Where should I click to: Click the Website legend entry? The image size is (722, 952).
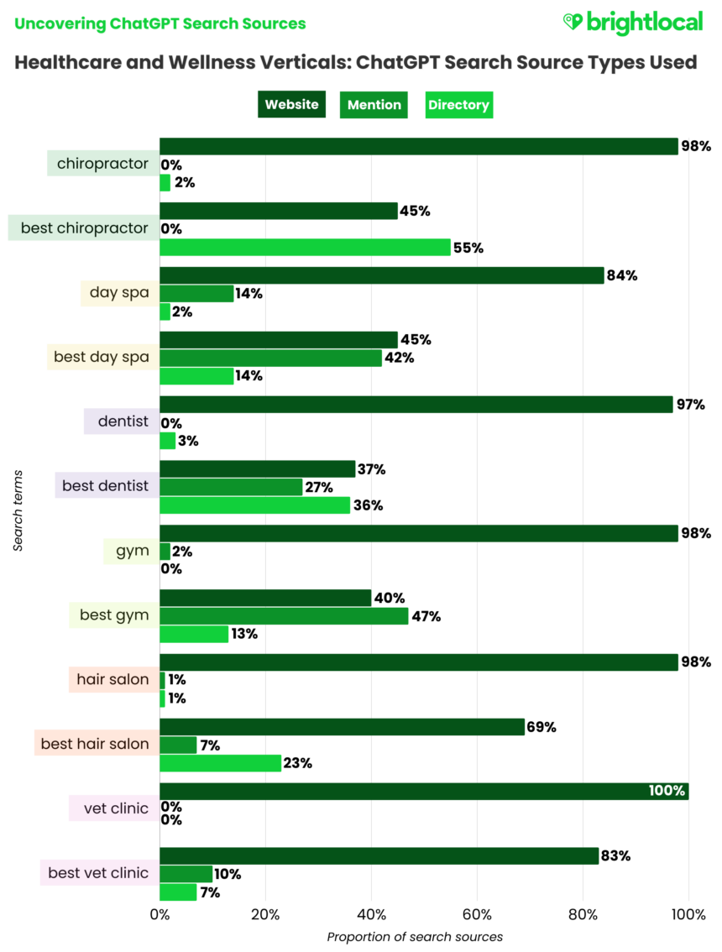[291, 105]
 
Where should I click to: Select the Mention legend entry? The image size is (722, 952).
[374, 105]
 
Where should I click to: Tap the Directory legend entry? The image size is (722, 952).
[458, 105]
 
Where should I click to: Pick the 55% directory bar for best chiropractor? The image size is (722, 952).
[305, 248]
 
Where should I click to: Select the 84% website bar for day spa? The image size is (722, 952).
[381, 275]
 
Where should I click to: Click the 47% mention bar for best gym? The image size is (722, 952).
[284, 616]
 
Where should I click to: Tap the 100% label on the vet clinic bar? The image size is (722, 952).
[667, 791]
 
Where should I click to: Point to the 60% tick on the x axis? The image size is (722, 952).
[477, 914]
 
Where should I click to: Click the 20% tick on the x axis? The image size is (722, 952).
[265, 914]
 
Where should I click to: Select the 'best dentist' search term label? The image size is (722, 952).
[105, 485]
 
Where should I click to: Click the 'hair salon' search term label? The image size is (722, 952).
[112, 679]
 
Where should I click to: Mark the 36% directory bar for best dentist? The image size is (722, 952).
[254, 505]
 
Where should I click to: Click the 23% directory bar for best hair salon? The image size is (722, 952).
[220, 763]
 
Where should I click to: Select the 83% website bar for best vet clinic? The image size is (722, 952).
[379, 855]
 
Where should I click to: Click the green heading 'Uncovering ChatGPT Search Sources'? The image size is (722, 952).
[160, 24]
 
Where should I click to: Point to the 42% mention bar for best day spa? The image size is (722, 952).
[270, 358]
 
